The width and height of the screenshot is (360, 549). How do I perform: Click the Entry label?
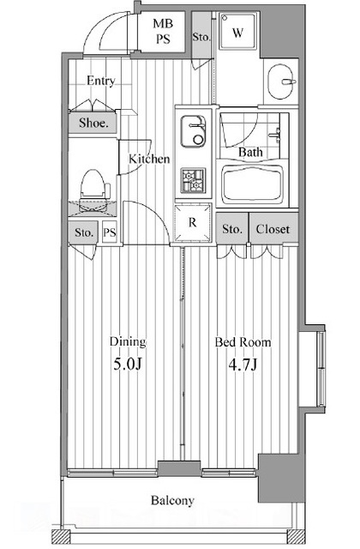point(101,81)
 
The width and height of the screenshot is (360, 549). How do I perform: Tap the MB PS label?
point(163,31)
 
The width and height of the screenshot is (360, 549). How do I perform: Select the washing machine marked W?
point(237,32)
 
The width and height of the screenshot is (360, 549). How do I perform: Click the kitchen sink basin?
point(193,131)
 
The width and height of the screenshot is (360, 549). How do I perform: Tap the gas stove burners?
point(193,180)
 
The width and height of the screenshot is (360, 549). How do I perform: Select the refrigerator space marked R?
point(193,223)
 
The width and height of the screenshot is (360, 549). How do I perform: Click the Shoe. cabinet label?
point(93,123)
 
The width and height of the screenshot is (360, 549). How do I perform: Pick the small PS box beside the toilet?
point(109,232)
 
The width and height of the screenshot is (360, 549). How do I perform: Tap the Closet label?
point(273,229)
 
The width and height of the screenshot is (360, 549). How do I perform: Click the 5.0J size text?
point(128,365)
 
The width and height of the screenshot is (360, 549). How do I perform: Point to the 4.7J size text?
point(243,365)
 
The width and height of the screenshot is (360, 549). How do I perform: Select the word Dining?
point(128,342)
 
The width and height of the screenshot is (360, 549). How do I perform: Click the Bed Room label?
point(243,341)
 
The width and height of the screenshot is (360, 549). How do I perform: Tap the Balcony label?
point(172,500)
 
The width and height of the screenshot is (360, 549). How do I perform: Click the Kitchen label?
point(149,159)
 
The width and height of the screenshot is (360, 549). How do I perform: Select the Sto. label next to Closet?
point(232,229)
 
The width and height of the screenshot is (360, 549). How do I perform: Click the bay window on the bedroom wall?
point(321,368)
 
